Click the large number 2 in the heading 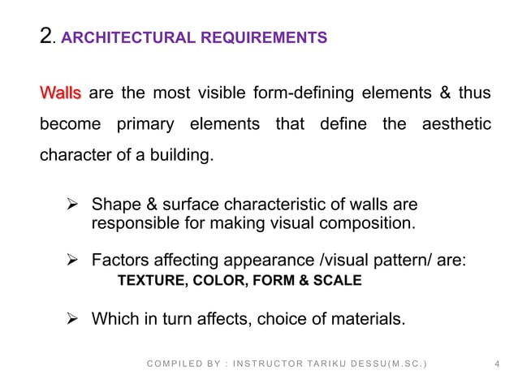point(47,36)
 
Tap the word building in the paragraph point(184,153)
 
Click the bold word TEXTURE point(149,281)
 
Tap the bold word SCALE point(341,281)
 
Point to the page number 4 point(496,365)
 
